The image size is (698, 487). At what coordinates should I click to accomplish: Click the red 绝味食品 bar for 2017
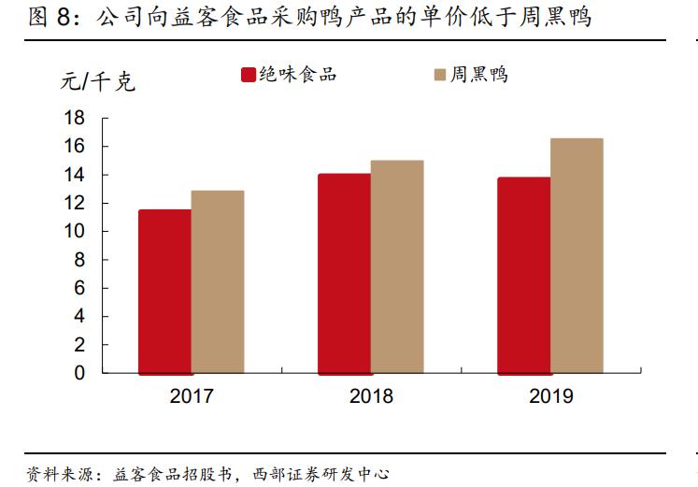[x=164, y=292]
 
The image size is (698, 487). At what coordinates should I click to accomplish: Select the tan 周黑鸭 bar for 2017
[x=218, y=282]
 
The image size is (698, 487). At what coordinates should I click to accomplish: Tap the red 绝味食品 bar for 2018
[x=344, y=274]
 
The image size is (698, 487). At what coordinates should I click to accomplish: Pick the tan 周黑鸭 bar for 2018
[x=397, y=267]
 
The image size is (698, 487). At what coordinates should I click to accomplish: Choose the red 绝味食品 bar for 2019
[x=523, y=276]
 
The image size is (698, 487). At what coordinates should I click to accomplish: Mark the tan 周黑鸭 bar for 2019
[x=577, y=256]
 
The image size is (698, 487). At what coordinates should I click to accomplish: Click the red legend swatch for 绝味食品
[x=249, y=76]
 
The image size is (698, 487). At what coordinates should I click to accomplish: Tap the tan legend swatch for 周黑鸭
[x=439, y=76]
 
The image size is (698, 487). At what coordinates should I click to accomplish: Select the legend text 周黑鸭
[x=479, y=76]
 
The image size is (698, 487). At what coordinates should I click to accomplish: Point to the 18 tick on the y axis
[x=74, y=118]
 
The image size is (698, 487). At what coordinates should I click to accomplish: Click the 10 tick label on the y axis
[x=74, y=232]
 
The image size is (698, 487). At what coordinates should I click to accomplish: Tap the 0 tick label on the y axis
[x=79, y=373]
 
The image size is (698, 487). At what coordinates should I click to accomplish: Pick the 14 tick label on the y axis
[x=74, y=175]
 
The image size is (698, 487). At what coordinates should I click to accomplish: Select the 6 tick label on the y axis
[x=79, y=288]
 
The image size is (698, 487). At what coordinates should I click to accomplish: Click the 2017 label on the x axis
[x=192, y=396]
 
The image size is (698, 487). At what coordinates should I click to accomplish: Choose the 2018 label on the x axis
[x=371, y=396]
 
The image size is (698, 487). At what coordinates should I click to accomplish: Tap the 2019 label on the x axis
[x=550, y=396]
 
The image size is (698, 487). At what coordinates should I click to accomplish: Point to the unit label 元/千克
[x=98, y=82]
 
